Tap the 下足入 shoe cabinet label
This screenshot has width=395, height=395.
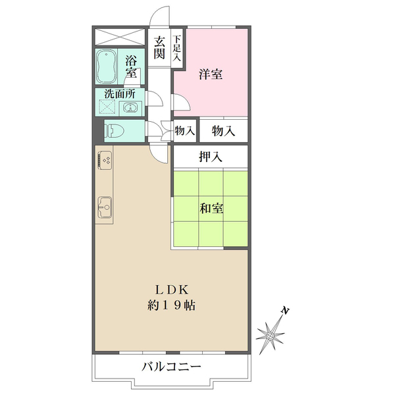click(x=177, y=49)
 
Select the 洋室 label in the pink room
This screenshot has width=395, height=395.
click(x=211, y=74)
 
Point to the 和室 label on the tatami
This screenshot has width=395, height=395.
click(x=211, y=209)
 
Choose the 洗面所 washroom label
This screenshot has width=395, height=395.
click(x=120, y=93)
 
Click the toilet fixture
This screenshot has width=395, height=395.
click(x=113, y=130)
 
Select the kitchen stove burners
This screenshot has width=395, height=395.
click(x=105, y=160)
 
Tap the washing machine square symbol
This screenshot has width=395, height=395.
click(x=107, y=109)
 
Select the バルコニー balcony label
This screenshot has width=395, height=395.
click(x=171, y=367)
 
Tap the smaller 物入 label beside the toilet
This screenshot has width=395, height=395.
click(x=184, y=131)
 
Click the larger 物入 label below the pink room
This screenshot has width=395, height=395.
click(x=223, y=130)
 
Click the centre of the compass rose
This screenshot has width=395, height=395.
click(x=271, y=336)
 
